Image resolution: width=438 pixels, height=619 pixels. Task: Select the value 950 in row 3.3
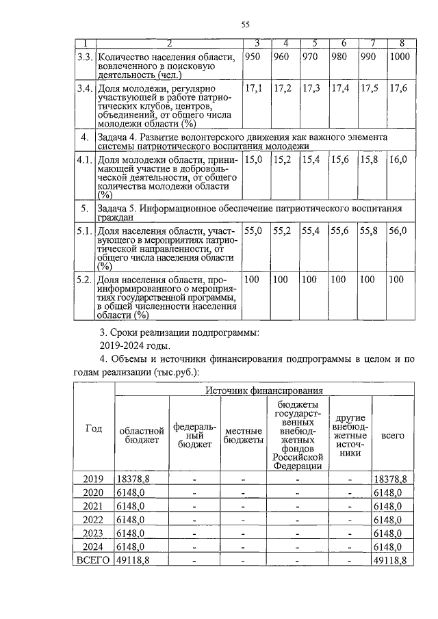click(253, 57)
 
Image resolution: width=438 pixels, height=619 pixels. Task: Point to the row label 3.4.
click(83, 89)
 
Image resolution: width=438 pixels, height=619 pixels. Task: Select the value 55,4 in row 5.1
click(311, 232)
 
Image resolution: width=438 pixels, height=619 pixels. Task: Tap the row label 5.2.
click(83, 280)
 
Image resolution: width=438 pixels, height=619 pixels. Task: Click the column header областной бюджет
click(142, 436)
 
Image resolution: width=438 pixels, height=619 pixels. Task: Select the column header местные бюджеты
click(244, 436)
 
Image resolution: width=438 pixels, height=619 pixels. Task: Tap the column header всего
click(392, 435)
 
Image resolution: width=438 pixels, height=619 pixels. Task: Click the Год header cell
click(94, 428)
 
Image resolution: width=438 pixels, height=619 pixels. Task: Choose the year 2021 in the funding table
click(94, 505)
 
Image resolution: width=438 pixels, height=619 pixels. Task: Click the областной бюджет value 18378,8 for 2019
click(133, 479)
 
